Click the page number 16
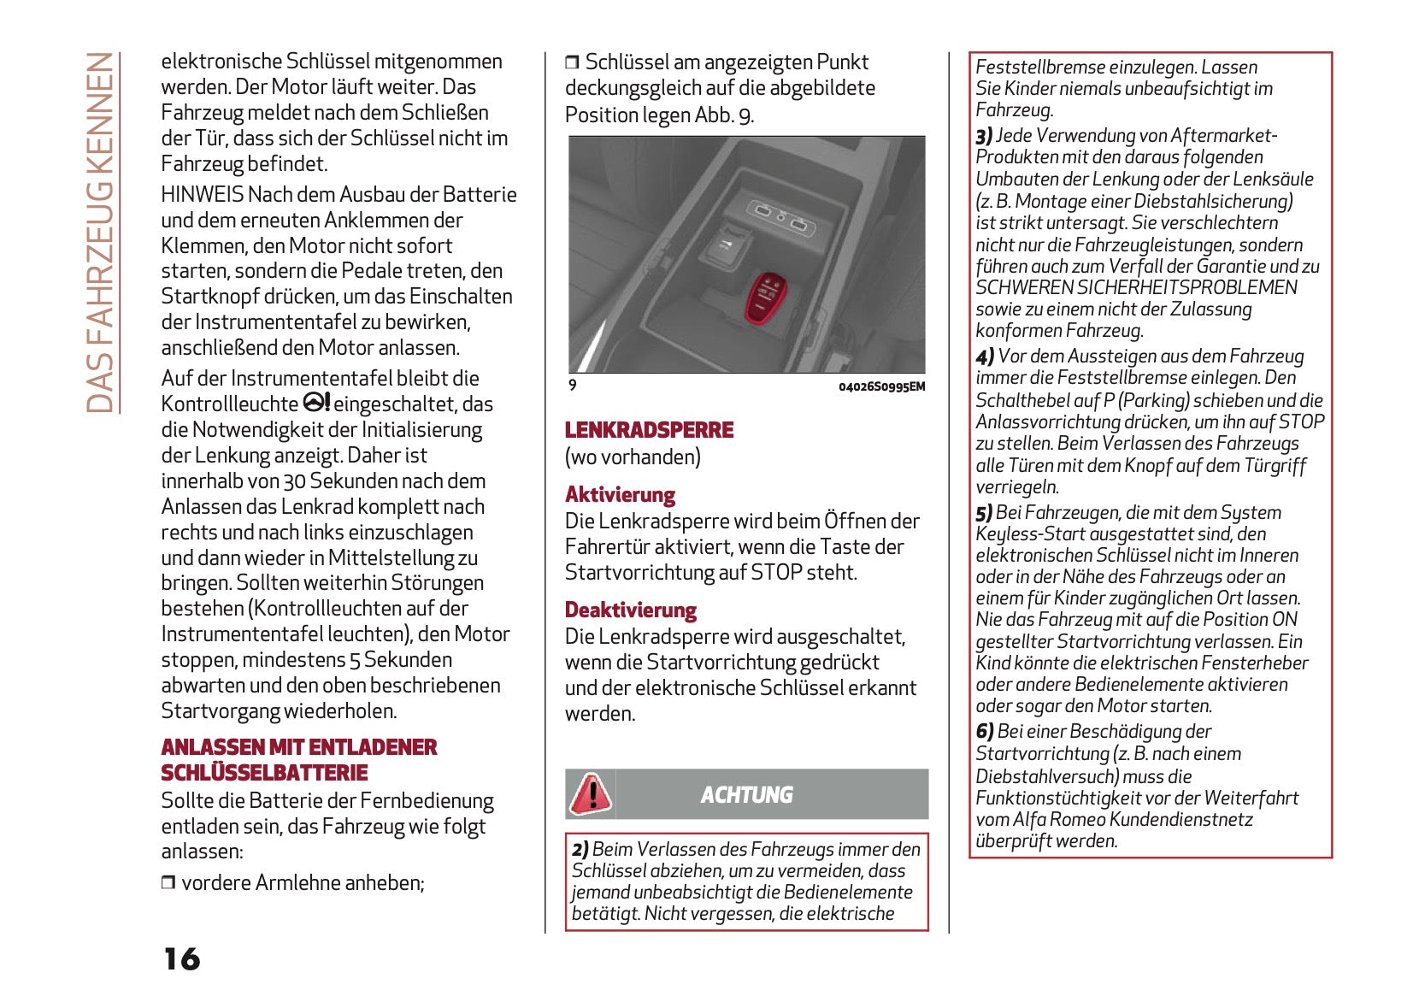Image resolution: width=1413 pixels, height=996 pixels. coord(181,959)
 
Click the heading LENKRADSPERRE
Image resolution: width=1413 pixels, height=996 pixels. coord(649,430)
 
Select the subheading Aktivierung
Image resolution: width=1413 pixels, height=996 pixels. coord(620,495)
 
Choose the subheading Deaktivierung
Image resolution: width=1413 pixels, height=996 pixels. coord(631,610)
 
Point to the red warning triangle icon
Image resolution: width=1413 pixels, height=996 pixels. coord(590,794)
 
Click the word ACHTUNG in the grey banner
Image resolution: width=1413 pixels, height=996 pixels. coord(746,795)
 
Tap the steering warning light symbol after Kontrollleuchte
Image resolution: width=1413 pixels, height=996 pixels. coord(316,403)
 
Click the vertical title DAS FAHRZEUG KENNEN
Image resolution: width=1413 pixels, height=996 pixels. coord(101,233)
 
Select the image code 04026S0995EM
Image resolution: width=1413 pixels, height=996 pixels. coord(881,386)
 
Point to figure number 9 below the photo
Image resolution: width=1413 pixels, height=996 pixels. coord(573,386)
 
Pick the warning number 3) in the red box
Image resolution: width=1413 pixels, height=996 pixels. coord(984,136)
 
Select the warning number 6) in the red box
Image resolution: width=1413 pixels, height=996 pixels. coord(985,732)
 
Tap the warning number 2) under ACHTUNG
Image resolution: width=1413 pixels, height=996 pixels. coord(580,850)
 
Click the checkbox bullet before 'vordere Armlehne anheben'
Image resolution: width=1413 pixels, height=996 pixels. coord(168,883)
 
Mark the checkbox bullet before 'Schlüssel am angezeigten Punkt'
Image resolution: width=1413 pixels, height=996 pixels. coord(572,62)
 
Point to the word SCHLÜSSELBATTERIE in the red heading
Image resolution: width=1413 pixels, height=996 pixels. coord(264,773)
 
